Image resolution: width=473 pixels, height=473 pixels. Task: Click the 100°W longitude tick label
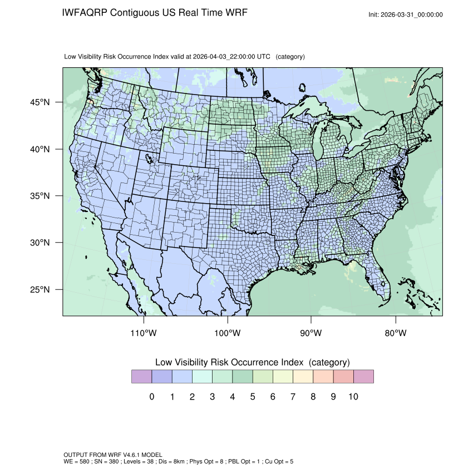click(228, 333)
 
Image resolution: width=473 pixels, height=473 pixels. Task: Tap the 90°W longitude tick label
click(312, 333)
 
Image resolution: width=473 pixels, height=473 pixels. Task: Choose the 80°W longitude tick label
click(396, 333)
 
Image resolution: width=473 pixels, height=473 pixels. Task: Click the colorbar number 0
click(152, 397)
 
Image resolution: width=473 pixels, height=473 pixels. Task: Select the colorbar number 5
click(253, 397)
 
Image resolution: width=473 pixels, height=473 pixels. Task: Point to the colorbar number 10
click(353, 397)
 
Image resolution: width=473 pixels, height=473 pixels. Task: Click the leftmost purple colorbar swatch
click(141, 377)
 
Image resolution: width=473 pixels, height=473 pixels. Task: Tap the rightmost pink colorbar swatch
click(363, 377)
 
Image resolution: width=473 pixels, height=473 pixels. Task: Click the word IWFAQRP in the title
click(85, 12)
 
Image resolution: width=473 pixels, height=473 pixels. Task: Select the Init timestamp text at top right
click(406, 15)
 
